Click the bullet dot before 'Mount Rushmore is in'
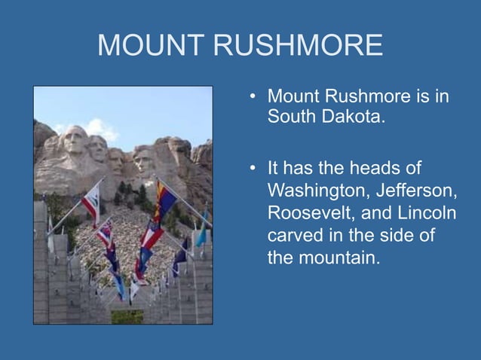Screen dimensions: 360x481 pyautogui.click(x=254, y=97)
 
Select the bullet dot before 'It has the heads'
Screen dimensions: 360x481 pyautogui.click(x=254, y=166)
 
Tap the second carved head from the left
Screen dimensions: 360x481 pyautogui.click(x=99, y=148)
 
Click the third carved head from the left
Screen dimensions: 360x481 pyautogui.click(x=118, y=158)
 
